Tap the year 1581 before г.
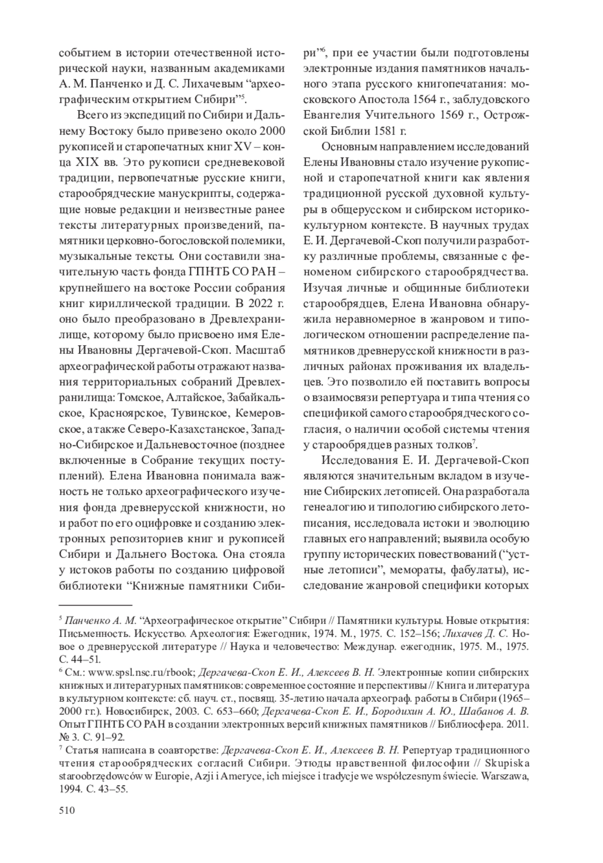pos(383,132)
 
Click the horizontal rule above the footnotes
pos(95,605)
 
